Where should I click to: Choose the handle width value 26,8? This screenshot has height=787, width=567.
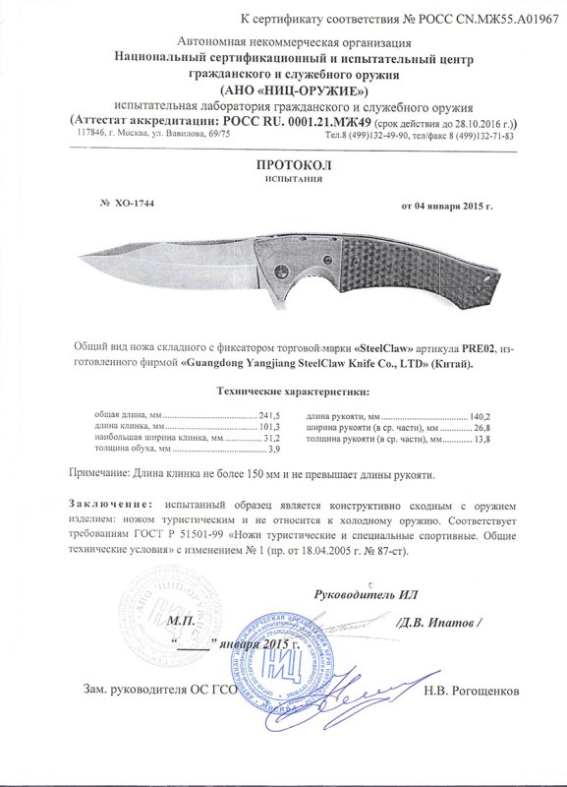click(x=481, y=427)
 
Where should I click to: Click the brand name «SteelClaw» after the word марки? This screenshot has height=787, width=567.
click(x=386, y=349)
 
